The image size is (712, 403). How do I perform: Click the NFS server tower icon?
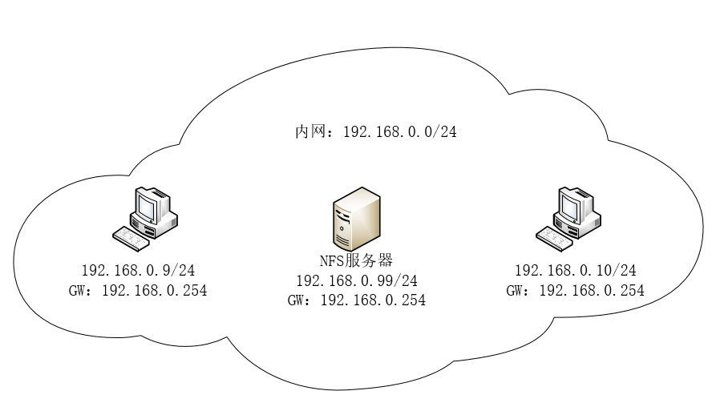(356, 220)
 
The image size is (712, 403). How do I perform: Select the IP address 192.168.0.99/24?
(357, 280)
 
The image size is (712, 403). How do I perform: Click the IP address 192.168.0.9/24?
(138, 271)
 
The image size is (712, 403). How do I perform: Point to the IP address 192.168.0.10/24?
(574, 271)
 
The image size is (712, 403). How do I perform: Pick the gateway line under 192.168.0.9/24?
(138, 291)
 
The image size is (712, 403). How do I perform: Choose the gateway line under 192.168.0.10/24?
(575, 291)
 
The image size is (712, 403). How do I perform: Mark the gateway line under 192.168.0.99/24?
(356, 300)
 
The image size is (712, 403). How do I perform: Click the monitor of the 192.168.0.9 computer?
(148, 207)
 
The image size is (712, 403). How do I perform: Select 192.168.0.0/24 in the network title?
(399, 131)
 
